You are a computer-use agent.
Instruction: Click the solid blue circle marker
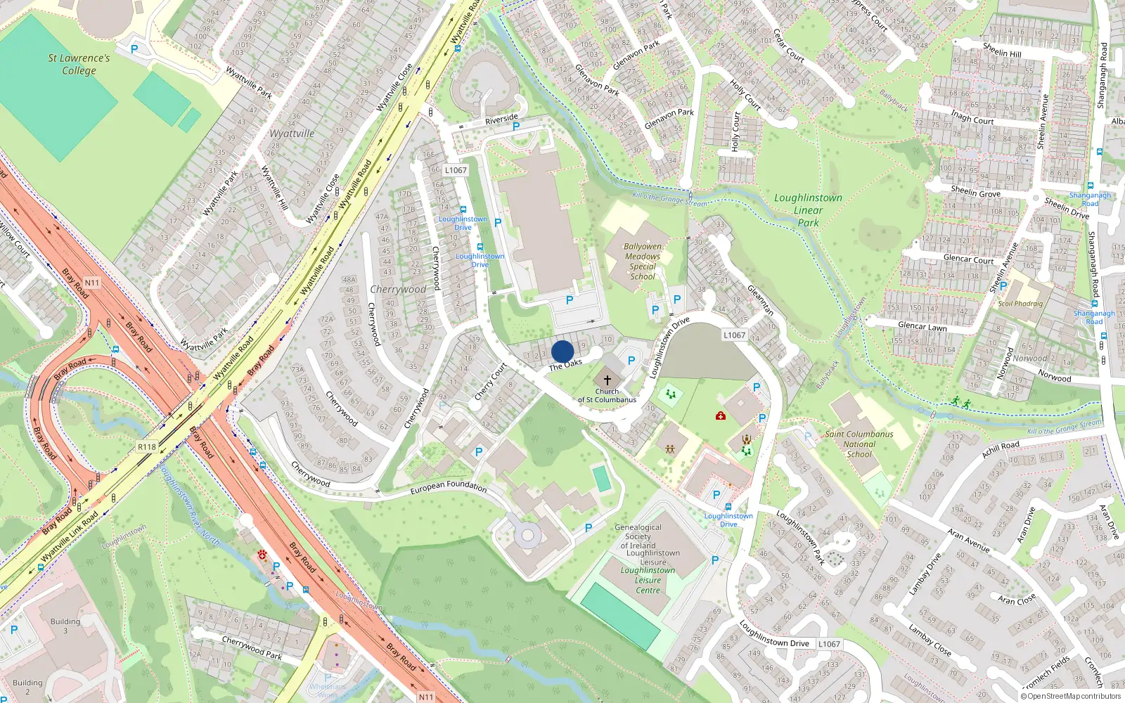tap(562, 351)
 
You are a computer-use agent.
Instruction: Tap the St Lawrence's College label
tap(79, 64)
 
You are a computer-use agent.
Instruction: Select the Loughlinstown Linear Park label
tap(808, 210)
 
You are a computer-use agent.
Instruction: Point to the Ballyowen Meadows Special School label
tap(643, 262)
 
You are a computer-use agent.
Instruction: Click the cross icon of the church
tap(607, 380)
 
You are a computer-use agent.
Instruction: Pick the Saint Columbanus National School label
tap(859, 444)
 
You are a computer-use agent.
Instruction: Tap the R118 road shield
tap(147, 447)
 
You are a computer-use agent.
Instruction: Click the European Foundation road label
tap(448, 486)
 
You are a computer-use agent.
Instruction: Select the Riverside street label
tap(501, 120)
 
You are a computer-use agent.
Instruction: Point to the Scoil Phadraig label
tap(1020, 304)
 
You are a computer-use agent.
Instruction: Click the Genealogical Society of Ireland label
tap(638, 536)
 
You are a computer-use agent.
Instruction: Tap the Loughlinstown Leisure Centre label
tap(648, 580)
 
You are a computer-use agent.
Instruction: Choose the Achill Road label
tap(1000, 449)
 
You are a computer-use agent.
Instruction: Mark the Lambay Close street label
tap(930, 640)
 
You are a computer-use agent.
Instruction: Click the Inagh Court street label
tap(972, 117)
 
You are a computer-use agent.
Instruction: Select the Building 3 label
tap(65, 626)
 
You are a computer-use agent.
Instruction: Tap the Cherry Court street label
tap(490, 382)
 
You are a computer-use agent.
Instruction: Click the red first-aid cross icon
tap(721, 416)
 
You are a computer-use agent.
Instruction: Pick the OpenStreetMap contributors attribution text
tap(1071, 697)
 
